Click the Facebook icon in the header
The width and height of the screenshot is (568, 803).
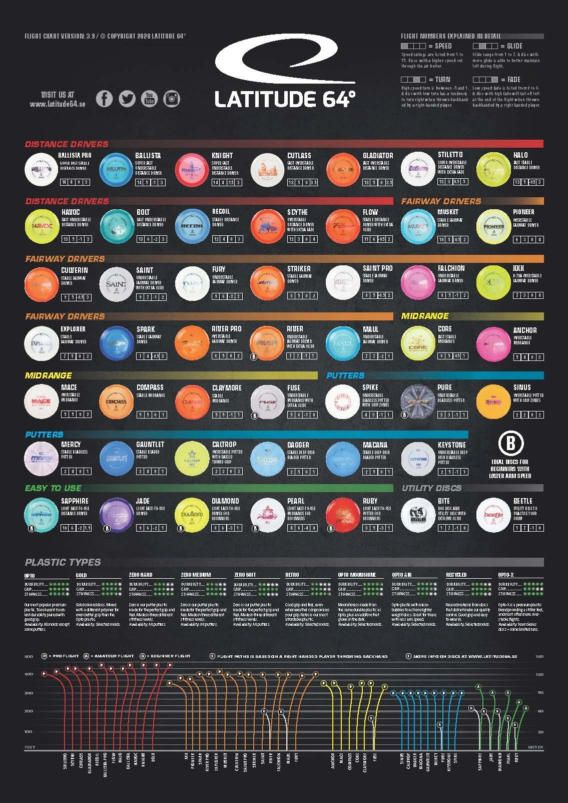104,98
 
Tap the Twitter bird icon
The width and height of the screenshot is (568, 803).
127,98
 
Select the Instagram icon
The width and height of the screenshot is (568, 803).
172,98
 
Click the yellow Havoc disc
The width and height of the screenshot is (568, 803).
42,226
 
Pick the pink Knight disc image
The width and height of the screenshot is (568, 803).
193,169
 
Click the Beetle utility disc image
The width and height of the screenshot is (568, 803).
493,515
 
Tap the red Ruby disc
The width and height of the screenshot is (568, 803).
343,515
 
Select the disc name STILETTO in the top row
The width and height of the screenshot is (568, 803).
450,155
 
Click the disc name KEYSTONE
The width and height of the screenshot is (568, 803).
451,445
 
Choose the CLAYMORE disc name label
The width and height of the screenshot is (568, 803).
226,387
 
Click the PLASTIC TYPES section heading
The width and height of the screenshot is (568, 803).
63,562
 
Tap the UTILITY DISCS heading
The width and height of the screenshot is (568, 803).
431,488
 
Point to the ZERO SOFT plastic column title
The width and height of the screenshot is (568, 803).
245,575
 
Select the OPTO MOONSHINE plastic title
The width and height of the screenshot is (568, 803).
356,575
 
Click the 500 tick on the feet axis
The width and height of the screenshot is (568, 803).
29,656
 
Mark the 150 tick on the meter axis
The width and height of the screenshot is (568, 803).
539,656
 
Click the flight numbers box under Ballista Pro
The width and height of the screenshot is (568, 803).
75,182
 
